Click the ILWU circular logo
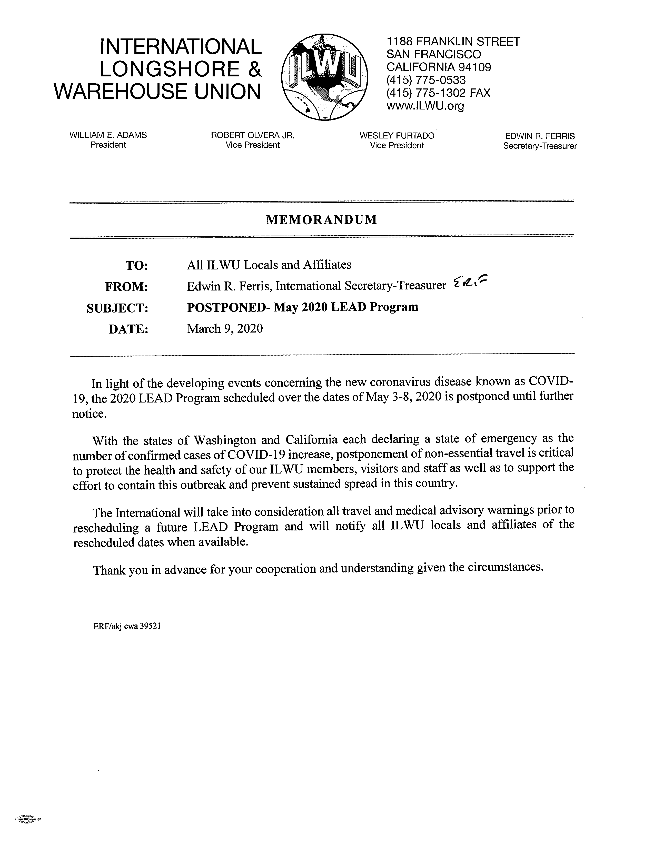pyautogui.click(x=325, y=76)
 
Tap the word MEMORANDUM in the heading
pyautogui.click(x=321, y=220)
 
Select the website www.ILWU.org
pyautogui.click(x=425, y=106)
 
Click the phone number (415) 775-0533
pyautogui.click(x=426, y=80)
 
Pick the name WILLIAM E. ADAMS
pyautogui.click(x=108, y=135)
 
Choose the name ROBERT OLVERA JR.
pyautogui.click(x=253, y=135)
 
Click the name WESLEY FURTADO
pyautogui.click(x=397, y=136)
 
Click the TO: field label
pyautogui.click(x=136, y=266)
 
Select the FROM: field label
pyautogui.click(x=127, y=287)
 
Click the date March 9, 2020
pyautogui.click(x=225, y=329)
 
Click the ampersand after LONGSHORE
pyautogui.click(x=254, y=69)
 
